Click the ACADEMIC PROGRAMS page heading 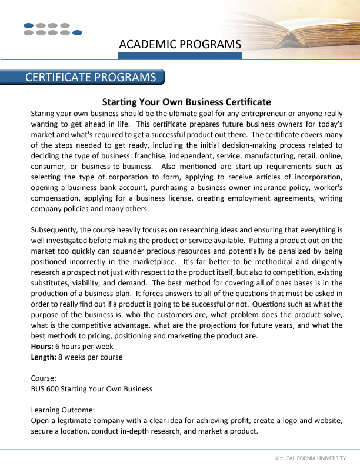[180, 44]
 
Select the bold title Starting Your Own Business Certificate [186, 102]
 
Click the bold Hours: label [42, 347]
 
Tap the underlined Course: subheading [44, 378]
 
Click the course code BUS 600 [45, 389]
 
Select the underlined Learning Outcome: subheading [62, 410]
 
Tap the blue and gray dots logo [52, 29]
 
